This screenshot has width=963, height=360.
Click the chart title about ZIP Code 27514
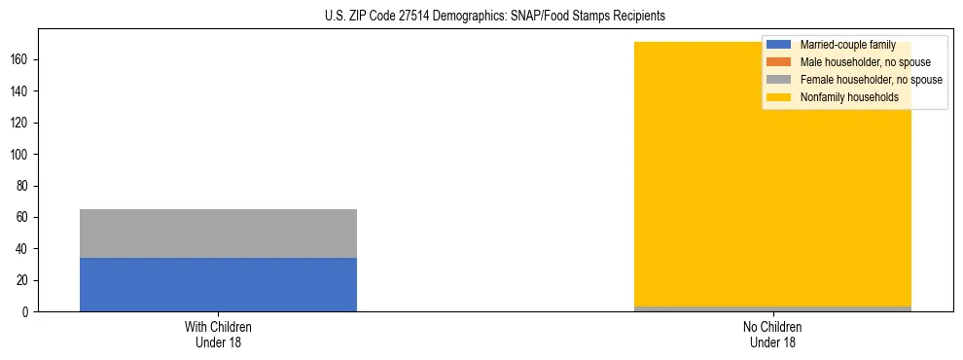tap(495, 17)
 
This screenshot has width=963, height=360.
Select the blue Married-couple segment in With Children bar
tap(218, 284)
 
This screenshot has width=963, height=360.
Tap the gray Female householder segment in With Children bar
tap(218, 234)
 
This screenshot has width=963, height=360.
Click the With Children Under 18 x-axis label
tap(218, 334)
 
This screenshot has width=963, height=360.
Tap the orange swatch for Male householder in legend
tap(779, 62)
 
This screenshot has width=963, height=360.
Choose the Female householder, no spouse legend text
tap(871, 80)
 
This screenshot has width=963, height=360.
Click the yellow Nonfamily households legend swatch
tap(779, 97)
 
